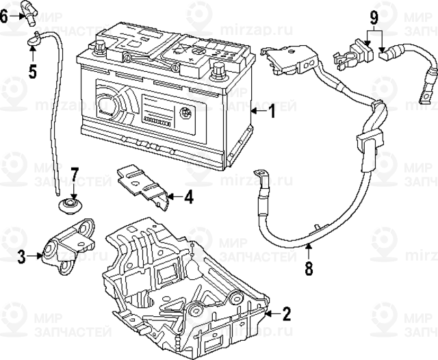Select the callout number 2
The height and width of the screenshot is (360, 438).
pos(286,314)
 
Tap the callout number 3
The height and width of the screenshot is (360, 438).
pos(21,257)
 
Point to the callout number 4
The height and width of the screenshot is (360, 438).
pos(188,197)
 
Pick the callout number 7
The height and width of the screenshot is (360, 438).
pos(75,175)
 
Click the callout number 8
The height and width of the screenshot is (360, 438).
pos(308,268)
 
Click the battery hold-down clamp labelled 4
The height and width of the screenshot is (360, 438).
pos(146,183)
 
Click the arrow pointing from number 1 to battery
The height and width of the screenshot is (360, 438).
pos(257,111)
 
